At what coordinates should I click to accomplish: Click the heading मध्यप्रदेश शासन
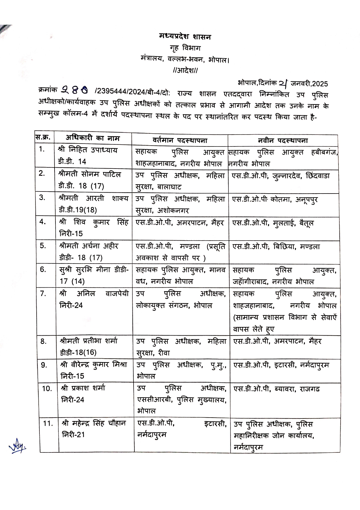pyautogui.click(x=185, y=37)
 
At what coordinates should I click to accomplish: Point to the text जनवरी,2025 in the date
pyautogui.click(x=309, y=84)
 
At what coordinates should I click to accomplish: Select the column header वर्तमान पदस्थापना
pyautogui.click(x=180, y=141)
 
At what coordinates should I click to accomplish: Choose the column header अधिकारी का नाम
pyautogui.click(x=92, y=138)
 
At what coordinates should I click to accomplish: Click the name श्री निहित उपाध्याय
pyautogui.click(x=88, y=150)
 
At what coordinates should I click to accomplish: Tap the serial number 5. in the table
pyautogui.click(x=43, y=246)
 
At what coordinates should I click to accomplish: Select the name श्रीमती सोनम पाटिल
pyautogui.click(x=89, y=174)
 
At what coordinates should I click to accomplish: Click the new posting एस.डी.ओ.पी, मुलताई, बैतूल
pyautogui.click(x=273, y=223)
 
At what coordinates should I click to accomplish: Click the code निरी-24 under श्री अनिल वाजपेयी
pyautogui.click(x=71, y=305)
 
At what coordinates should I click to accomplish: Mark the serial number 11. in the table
pyautogui.click(x=48, y=423)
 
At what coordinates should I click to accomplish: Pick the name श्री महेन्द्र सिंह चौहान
pyautogui.click(x=94, y=423)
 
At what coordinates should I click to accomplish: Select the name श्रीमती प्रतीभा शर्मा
pyautogui.click(x=89, y=341)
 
